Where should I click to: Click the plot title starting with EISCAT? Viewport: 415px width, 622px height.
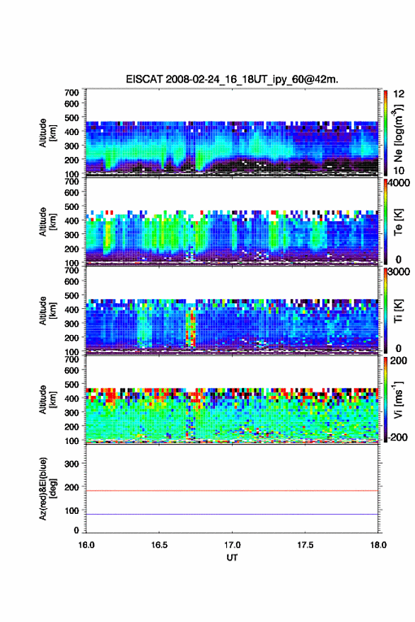[x=232, y=79]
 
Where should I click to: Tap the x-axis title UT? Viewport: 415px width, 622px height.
[x=232, y=558]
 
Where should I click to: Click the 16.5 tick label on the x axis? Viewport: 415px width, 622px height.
[x=158, y=545]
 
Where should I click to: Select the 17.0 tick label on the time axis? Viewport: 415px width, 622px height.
[x=232, y=545]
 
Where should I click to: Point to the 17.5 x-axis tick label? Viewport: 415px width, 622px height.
[x=305, y=545]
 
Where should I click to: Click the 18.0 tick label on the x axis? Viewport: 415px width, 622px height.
[x=378, y=545]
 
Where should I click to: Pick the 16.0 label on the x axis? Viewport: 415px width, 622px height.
[x=86, y=545]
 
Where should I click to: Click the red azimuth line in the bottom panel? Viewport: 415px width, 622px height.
[x=232, y=491]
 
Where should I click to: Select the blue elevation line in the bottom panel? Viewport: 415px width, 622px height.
[x=232, y=514]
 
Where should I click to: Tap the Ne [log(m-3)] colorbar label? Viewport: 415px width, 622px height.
[x=398, y=133]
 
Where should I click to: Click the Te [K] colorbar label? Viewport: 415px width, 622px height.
[x=398, y=222]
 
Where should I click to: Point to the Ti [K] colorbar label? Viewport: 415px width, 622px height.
[x=398, y=310]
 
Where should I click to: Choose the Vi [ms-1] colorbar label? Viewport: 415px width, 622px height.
[x=398, y=399]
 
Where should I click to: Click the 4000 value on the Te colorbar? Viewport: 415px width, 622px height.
[x=399, y=184]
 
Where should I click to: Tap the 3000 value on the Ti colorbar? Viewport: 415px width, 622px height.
[x=399, y=271]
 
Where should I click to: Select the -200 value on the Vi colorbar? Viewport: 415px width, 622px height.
[x=397, y=437]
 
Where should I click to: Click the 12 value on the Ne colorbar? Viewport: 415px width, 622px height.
[x=399, y=94]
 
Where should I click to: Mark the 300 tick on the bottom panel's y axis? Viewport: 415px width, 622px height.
[x=72, y=464]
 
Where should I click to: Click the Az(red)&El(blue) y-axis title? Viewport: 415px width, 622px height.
[x=47, y=488]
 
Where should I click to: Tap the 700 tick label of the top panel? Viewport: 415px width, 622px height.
[x=72, y=93]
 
